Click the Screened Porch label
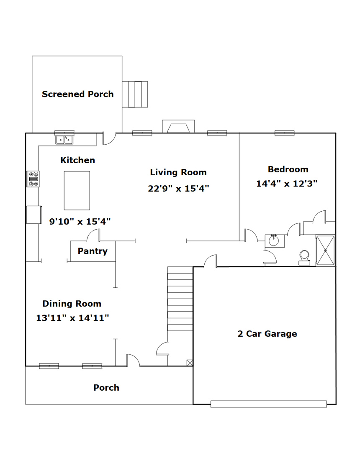pyautogui.click(x=77, y=94)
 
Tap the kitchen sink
pyautogui.click(x=64, y=140)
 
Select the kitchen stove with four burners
pyautogui.click(x=33, y=179)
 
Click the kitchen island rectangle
pyautogui.click(x=77, y=190)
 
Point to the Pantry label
pyautogui.click(x=93, y=251)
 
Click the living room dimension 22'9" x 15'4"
pyautogui.click(x=178, y=188)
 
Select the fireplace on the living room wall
pyautogui.click(x=178, y=126)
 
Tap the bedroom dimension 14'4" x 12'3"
pyautogui.click(x=287, y=184)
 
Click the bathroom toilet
pyautogui.click(x=304, y=258)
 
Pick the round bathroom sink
pyautogui.click(x=274, y=241)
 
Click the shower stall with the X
pyautogui.click(x=326, y=250)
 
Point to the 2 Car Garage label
pyautogui.click(x=267, y=334)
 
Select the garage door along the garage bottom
pyautogui.click(x=268, y=404)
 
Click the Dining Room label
pyautogui.click(x=72, y=304)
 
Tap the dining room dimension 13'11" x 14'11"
pyautogui.click(x=72, y=317)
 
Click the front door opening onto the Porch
pyautogui.click(x=133, y=361)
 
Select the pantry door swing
pyautogui.click(x=94, y=235)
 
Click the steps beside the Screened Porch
pyautogui.click(x=135, y=95)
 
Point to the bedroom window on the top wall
pyautogui.click(x=285, y=133)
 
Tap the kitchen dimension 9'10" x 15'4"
pyautogui.click(x=80, y=221)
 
